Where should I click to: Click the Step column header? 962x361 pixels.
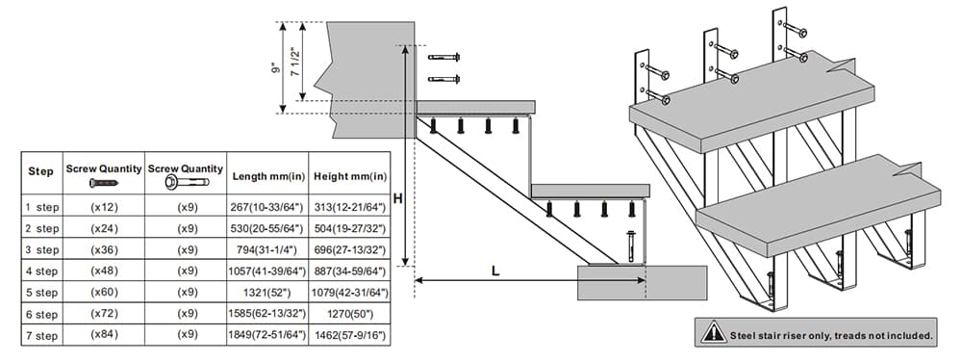(x=40, y=171)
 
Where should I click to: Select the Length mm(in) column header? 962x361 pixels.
(x=268, y=176)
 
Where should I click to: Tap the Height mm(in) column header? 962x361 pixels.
(x=348, y=176)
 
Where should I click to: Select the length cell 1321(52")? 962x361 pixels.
(x=268, y=292)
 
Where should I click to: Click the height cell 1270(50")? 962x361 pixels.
(x=348, y=313)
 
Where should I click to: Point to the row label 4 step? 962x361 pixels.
(x=40, y=271)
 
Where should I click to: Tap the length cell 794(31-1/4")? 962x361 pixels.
(x=268, y=249)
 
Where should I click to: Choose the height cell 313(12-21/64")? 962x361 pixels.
(x=348, y=207)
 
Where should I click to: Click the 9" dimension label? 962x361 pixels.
(x=276, y=68)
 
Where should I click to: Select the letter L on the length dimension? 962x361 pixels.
(x=494, y=271)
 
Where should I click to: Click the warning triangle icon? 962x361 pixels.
(x=713, y=333)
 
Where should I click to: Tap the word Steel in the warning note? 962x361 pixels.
(x=745, y=335)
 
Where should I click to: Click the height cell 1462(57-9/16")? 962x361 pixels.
(x=348, y=334)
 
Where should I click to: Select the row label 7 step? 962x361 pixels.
(x=40, y=334)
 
